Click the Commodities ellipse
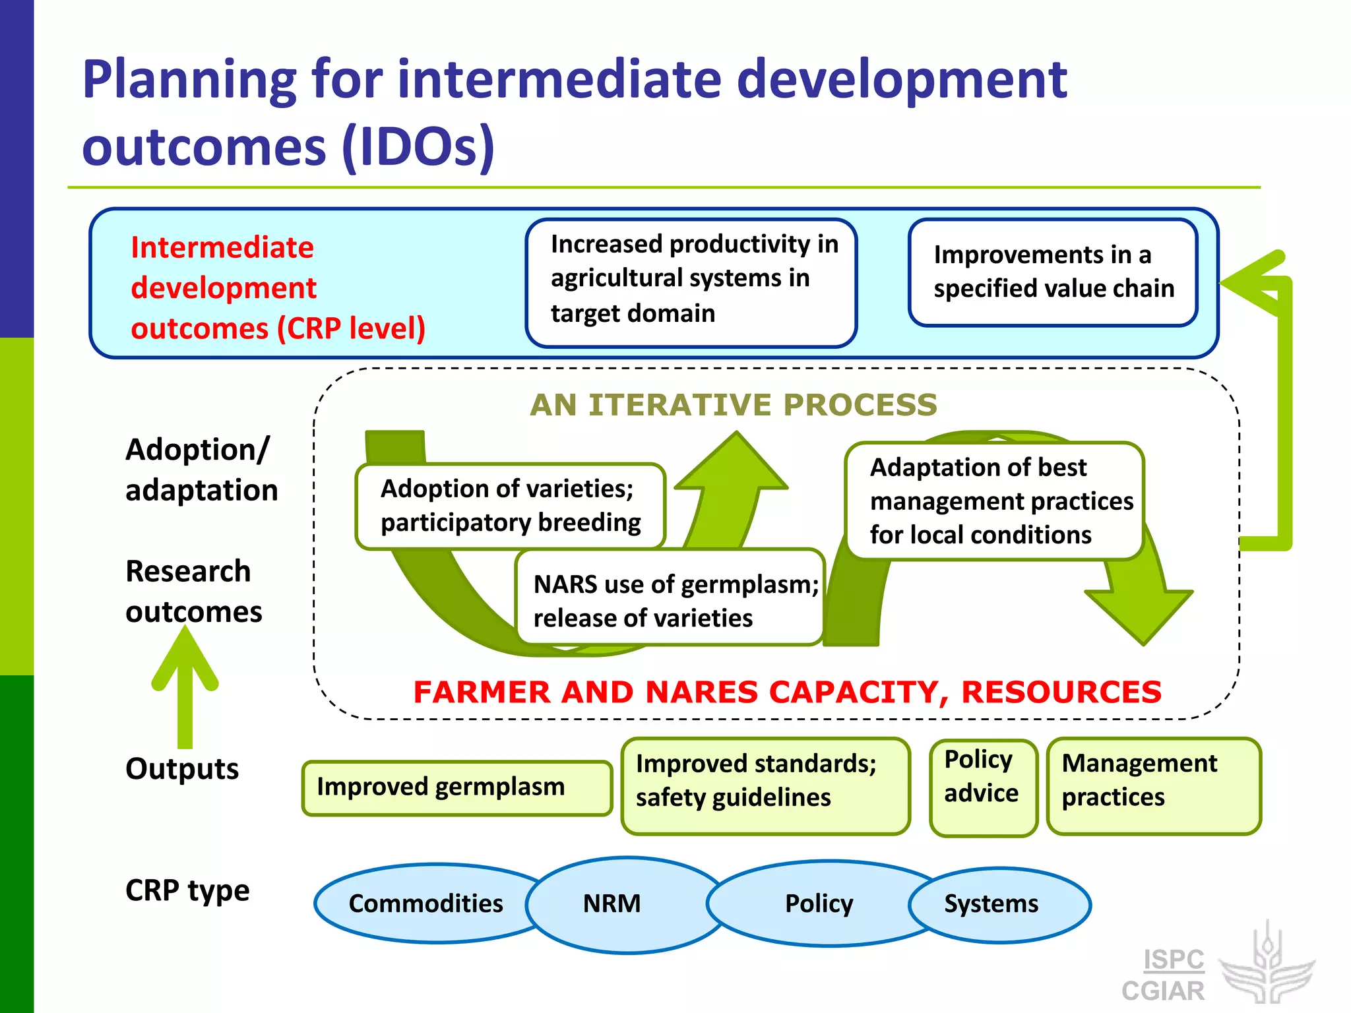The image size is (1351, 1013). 425,904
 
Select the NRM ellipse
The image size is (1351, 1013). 612,904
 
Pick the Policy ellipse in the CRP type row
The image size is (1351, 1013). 819,904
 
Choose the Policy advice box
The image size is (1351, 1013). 982,787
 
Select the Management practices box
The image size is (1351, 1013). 1152,786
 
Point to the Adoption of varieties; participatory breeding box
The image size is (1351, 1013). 510,506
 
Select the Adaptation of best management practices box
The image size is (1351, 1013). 994,501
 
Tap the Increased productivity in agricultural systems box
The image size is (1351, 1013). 691,282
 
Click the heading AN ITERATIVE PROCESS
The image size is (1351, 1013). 733,405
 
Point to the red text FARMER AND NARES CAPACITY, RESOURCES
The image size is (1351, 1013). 787,692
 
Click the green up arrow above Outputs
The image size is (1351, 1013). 185,686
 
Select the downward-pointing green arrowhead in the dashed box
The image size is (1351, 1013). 1140,613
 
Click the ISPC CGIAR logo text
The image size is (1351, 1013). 1164,975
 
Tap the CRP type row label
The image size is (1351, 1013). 187,891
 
